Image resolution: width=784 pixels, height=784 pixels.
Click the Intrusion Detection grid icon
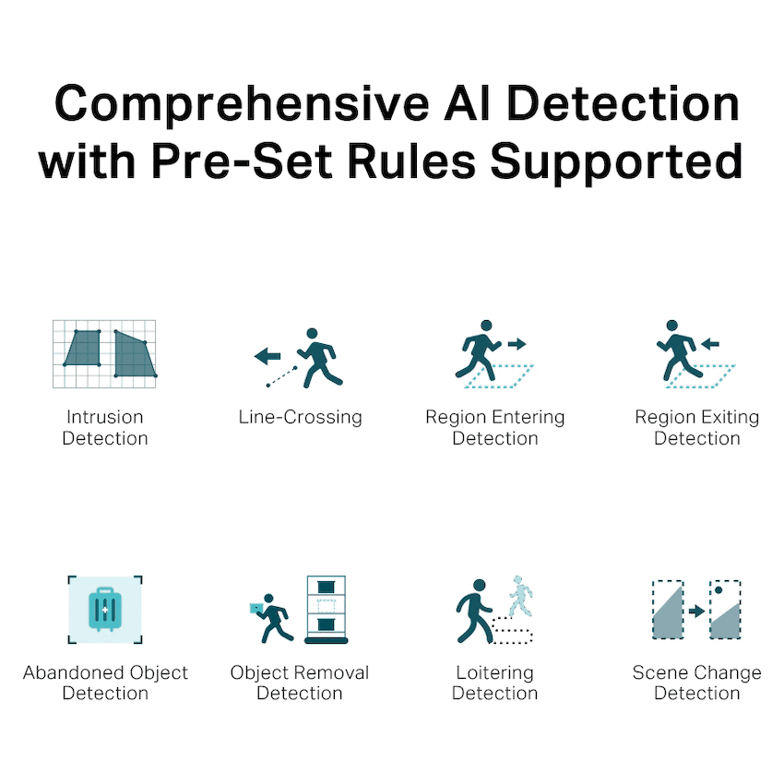(x=104, y=354)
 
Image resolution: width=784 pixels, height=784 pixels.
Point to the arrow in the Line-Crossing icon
(x=267, y=357)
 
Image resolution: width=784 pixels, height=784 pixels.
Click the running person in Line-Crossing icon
(x=320, y=358)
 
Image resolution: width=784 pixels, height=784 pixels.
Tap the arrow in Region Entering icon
(x=517, y=344)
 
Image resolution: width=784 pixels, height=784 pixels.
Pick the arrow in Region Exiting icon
(x=710, y=343)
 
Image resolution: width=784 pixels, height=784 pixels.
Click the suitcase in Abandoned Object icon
(x=105, y=610)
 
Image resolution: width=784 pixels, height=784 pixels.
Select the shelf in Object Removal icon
(x=326, y=610)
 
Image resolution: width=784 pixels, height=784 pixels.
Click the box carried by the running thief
(x=256, y=608)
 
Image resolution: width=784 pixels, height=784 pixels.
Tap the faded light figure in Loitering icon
(x=520, y=597)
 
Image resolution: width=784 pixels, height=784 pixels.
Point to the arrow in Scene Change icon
(x=696, y=611)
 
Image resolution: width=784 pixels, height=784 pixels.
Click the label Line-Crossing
(x=300, y=417)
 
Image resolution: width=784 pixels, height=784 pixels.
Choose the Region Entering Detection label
(x=495, y=427)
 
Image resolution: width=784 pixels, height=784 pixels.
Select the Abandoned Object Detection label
(x=105, y=683)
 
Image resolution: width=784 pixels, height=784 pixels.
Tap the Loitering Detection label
(x=495, y=683)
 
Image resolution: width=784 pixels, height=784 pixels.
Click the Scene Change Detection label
(x=697, y=683)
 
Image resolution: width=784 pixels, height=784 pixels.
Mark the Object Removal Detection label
(x=300, y=683)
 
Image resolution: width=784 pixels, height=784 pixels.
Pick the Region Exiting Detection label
(x=697, y=427)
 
